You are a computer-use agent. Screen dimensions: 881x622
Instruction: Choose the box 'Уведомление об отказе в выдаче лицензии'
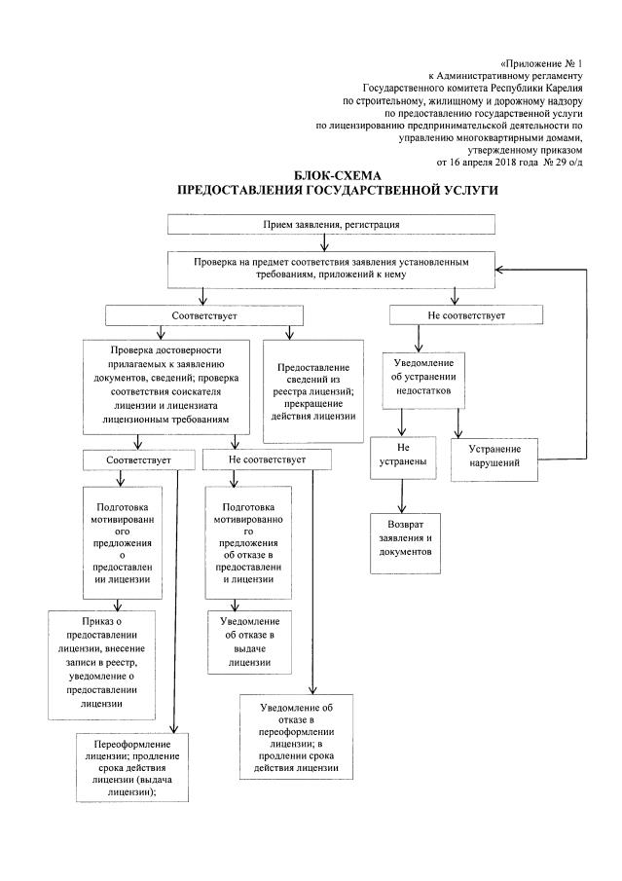(x=243, y=641)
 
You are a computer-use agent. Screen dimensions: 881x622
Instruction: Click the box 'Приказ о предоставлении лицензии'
(x=100, y=662)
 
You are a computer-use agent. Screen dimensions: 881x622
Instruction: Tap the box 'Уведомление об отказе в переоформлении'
(x=297, y=737)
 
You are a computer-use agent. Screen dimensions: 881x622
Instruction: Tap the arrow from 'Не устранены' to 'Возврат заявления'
(x=401, y=496)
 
